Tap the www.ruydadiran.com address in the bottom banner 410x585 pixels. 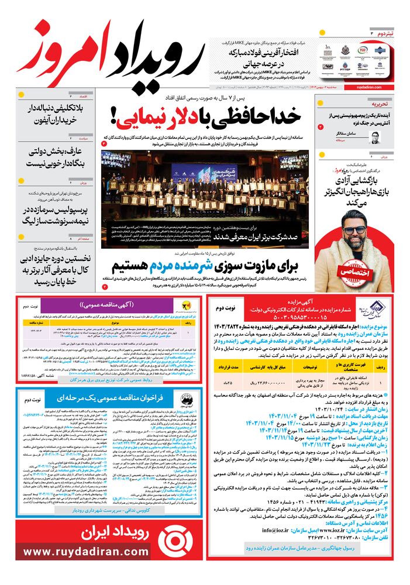point(86,552)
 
